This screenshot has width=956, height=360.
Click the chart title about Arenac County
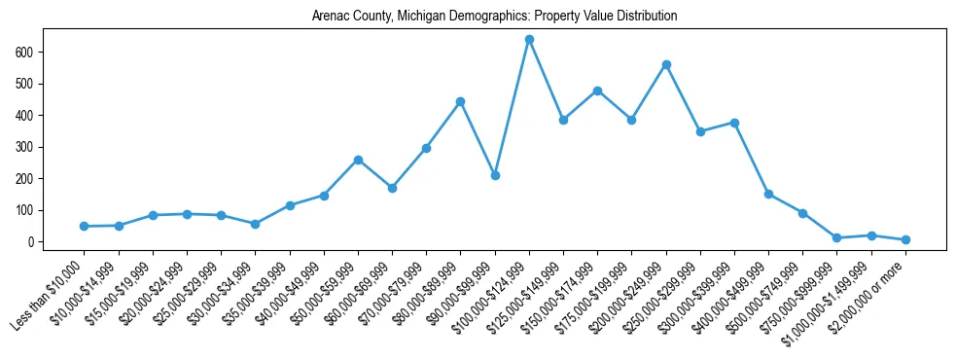(494, 17)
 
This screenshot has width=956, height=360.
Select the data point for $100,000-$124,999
(529, 40)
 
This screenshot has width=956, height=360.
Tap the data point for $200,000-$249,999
(666, 65)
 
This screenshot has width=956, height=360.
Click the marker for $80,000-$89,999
(461, 101)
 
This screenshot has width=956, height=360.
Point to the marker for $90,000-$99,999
(495, 176)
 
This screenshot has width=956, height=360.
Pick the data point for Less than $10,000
(85, 226)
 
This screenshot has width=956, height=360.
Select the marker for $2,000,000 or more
(905, 239)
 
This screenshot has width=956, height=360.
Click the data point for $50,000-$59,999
(358, 160)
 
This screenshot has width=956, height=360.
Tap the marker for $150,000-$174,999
(597, 90)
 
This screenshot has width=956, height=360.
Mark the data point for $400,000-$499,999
(768, 194)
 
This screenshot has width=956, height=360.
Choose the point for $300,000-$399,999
(734, 123)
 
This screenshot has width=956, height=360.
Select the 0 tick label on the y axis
(35, 242)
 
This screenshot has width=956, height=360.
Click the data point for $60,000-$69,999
(392, 188)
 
